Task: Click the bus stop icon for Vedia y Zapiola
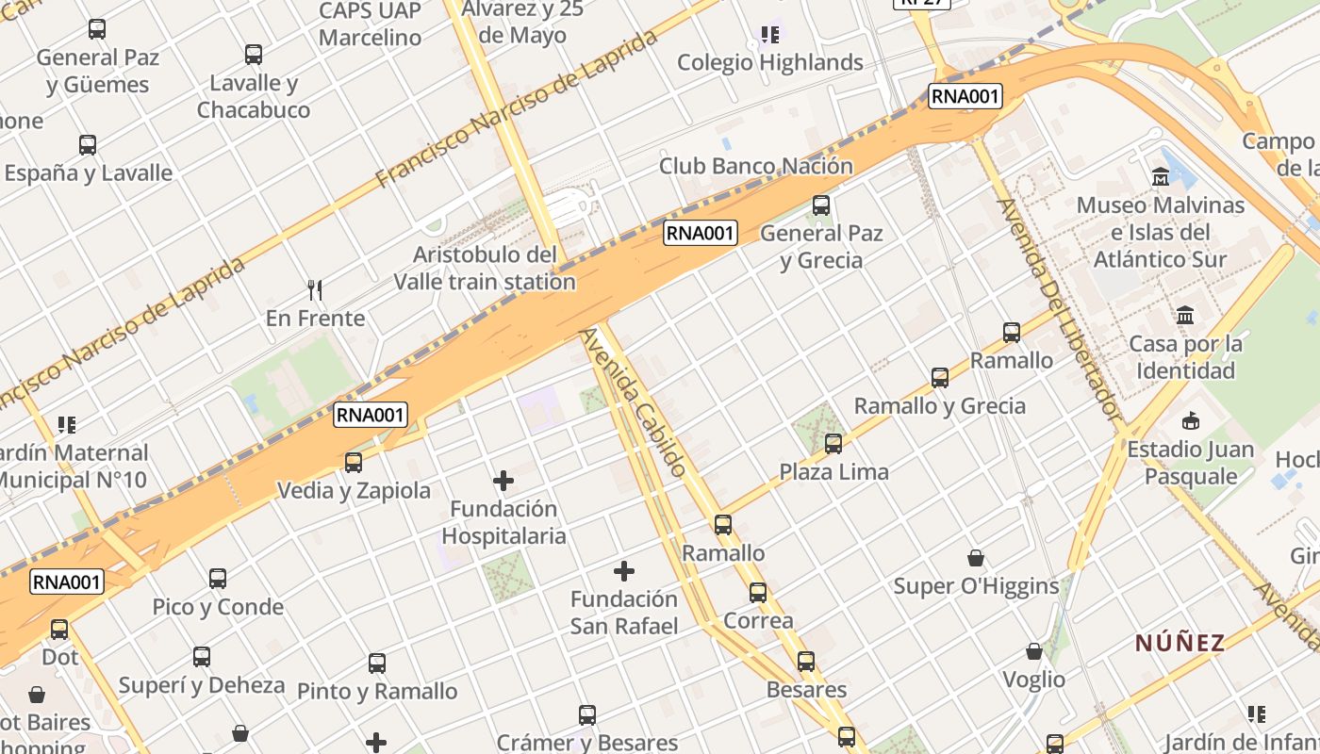click(x=354, y=463)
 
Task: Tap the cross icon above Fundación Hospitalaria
click(x=503, y=481)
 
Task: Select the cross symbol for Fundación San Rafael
click(x=623, y=571)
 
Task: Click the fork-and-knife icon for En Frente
click(x=315, y=289)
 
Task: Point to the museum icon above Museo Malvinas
click(x=1161, y=176)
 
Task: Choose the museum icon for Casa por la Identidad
click(x=1185, y=315)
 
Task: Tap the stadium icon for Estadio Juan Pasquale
click(x=1191, y=420)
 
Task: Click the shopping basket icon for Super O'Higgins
click(x=975, y=558)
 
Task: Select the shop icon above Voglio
click(x=1034, y=651)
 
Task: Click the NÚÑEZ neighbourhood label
click(x=1180, y=643)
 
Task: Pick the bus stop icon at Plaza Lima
click(x=833, y=443)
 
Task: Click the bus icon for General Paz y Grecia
click(x=821, y=205)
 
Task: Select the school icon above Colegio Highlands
click(x=770, y=35)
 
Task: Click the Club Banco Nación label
click(x=755, y=167)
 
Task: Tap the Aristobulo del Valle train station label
click(x=485, y=268)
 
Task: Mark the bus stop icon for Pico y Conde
click(x=218, y=579)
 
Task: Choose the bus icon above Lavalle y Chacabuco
click(x=253, y=55)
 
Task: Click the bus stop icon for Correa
click(x=758, y=593)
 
